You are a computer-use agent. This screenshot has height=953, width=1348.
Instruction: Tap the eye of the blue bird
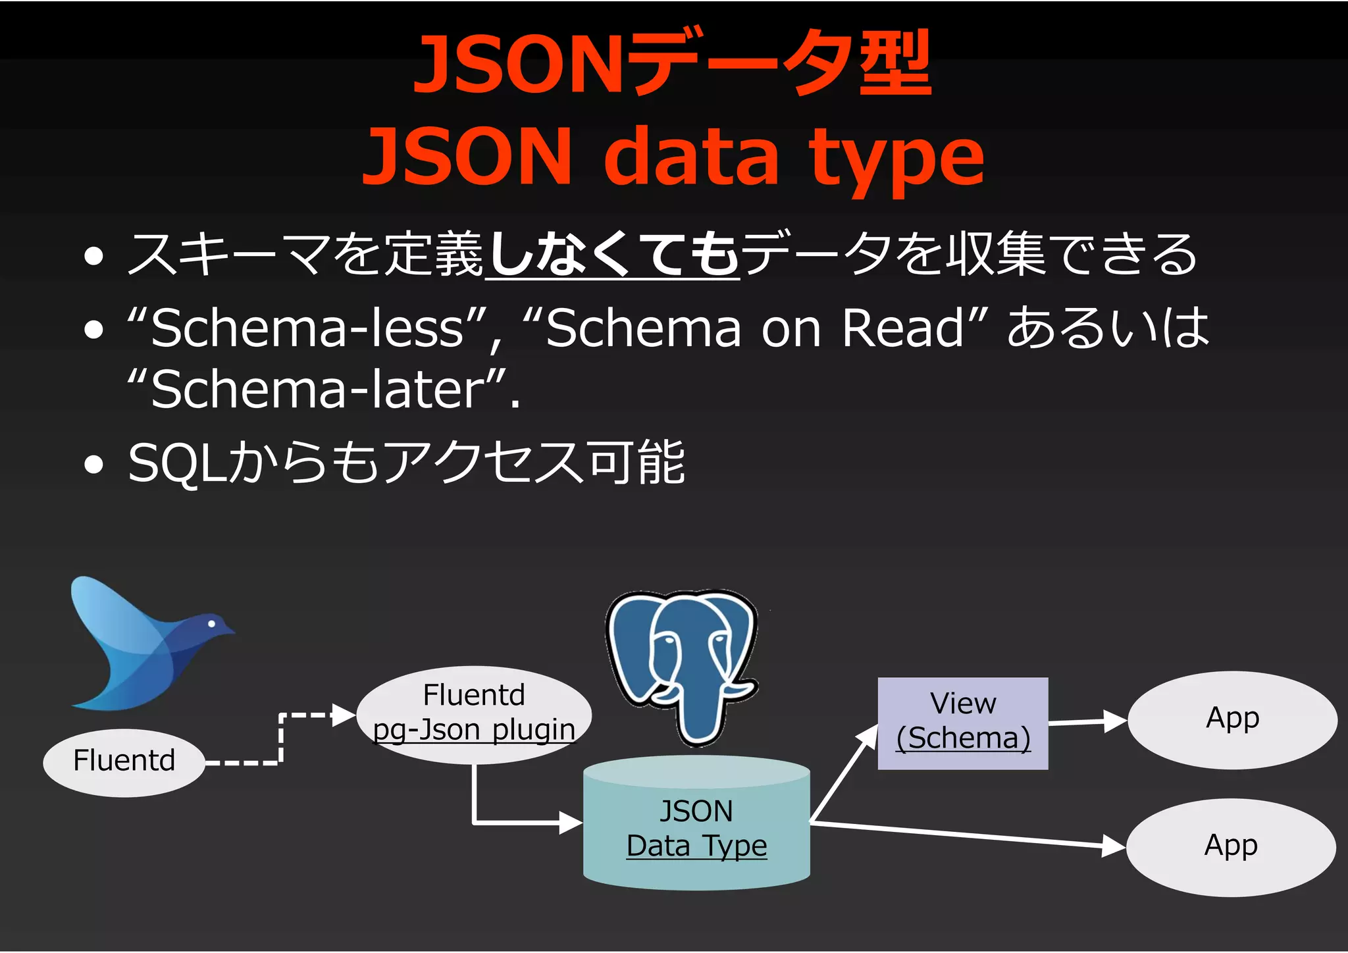click(x=212, y=623)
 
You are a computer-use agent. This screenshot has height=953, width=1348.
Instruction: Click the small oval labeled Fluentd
click(x=124, y=762)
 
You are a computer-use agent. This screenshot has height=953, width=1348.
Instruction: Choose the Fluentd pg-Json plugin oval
click(x=474, y=714)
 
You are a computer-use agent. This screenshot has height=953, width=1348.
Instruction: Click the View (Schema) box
click(x=963, y=723)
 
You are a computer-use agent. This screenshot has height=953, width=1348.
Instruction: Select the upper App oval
click(x=1232, y=719)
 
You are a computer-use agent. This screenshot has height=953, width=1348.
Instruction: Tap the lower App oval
click(x=1231, y=846)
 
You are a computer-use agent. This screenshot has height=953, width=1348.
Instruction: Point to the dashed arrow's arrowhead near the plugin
click(x=344, y=715)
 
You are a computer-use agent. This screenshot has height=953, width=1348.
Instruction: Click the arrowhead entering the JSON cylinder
click(x=570, y=822)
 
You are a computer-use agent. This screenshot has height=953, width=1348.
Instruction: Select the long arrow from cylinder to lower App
click(x=968, y=835)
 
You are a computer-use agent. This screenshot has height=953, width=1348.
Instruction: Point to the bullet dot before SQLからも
click(x=94, y=465)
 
